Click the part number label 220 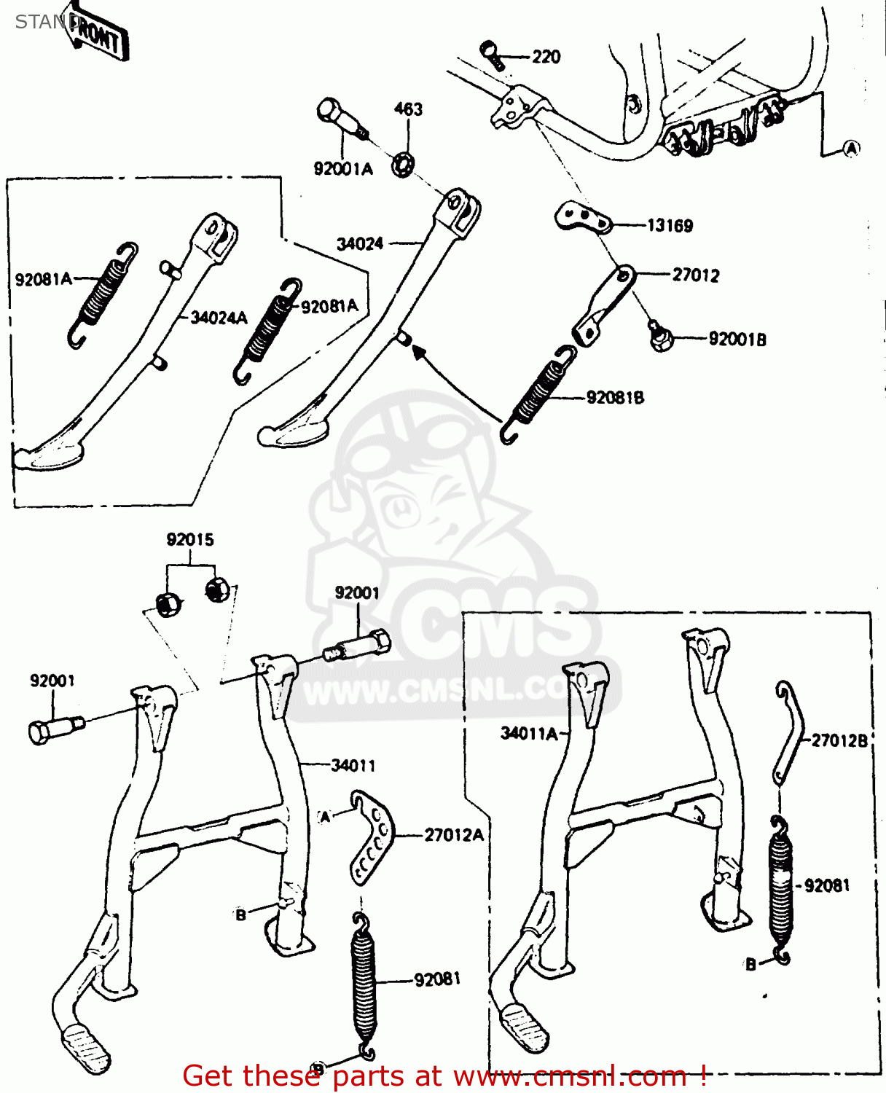(x=546, y=57)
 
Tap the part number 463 (x=408, y=109)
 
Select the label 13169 (x=670, y=226)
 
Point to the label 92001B (x=737, y=340)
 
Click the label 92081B (x=615, y=398)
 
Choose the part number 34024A (x=219, y=318)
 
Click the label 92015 (x=190, y=540)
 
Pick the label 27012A (x=453, y=835)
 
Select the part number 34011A (x=529, y=734)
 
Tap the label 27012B (x=839, y=741)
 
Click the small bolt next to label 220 (x=492, y=55)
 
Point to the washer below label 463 (x=403, y=165)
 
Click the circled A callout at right (x=850, y=149)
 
